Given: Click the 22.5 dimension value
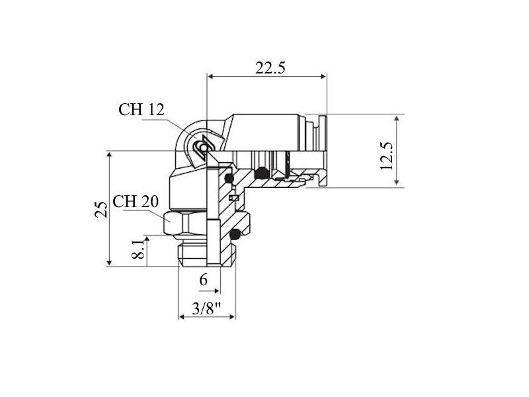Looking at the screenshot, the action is point(270,68).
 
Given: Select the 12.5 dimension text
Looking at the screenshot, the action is point(387,156).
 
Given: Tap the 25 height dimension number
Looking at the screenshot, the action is point(101,209).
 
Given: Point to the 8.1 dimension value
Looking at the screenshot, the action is point(138,250).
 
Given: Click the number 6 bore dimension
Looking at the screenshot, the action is point(203,280).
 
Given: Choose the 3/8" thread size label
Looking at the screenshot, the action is point(206,308).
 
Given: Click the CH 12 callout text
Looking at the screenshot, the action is point(142,109).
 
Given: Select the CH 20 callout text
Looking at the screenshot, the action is point(136,202).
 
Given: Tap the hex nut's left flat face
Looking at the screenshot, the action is point(173,223).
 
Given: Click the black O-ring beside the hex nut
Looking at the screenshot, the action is point(235,234).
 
